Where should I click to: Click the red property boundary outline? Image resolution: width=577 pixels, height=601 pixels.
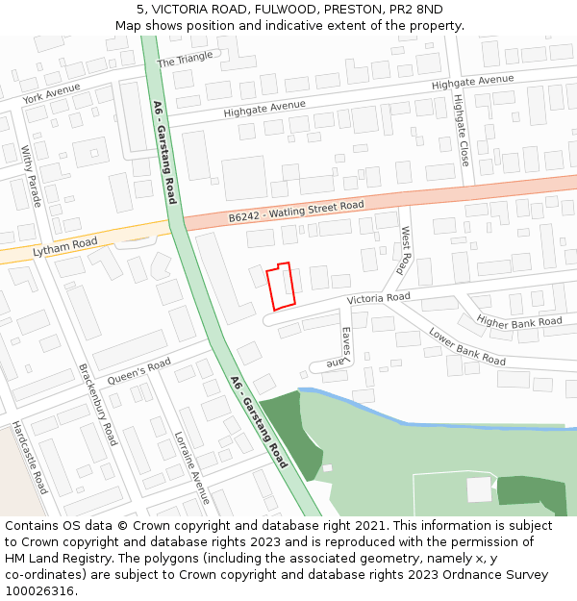click(x=281, y=287)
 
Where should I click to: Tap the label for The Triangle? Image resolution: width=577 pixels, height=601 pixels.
click(x=185, y=60)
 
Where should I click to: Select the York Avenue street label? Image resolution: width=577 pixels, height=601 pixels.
click(x=51, y=93)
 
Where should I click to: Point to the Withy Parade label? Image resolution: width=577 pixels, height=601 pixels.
click(x=32, y=176)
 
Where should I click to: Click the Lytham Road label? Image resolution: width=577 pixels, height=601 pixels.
click(x=65, y=247)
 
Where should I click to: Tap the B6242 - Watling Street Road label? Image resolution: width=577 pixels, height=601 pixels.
click(x=296, y=212)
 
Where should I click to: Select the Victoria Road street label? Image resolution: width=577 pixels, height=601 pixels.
click(x=379, y=298)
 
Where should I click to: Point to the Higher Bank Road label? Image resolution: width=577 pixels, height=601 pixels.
click(x=519, y=323)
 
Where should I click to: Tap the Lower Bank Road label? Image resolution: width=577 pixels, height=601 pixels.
click(x=467, y=347)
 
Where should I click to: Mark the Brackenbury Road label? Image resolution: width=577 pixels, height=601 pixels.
click(x=97, y=404)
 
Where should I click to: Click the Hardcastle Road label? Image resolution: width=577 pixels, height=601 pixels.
click(x=30, y=458)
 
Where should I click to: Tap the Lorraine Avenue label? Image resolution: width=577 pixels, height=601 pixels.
click(x=191, y=468)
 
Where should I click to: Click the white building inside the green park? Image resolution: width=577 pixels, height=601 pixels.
click(x=479, y=489)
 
